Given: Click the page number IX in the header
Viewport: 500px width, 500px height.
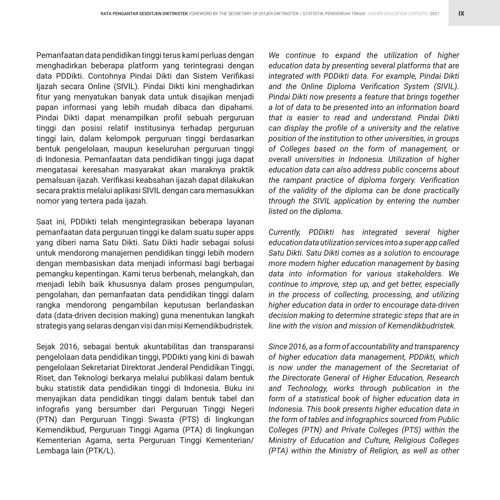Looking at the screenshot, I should [x=461, y=13].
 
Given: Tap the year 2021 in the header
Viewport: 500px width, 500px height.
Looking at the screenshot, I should [x=434, y=14].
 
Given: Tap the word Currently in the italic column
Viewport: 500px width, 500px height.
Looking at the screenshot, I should [x=284, y=232].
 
